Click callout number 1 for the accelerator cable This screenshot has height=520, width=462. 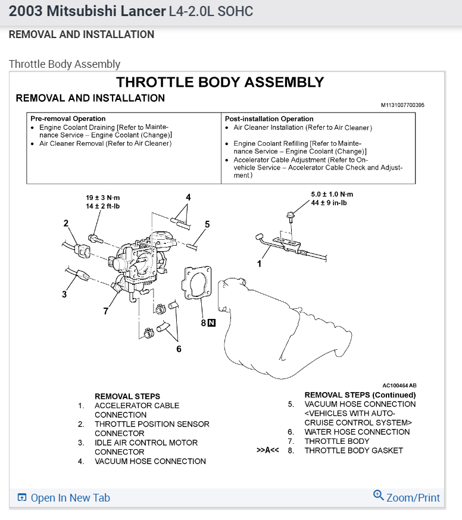point(259,262)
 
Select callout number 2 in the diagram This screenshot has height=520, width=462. point(66,223)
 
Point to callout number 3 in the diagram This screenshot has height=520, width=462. point(64,294)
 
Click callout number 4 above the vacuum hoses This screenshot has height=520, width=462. point(188,198)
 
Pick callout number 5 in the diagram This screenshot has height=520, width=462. point(207,224)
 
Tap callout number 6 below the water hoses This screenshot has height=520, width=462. point(179,349)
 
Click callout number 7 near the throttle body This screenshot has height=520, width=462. point(106,311)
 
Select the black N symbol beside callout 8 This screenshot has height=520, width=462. point(211,323)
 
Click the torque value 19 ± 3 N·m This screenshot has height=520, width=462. point(102,198)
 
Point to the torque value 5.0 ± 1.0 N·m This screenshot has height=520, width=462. point(332,195)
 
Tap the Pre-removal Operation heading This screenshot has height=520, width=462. point(68,118)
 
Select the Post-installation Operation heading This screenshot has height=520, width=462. point(269,118)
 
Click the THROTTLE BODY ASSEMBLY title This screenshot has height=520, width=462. point(220,82)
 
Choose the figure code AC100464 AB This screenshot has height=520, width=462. point(399,385)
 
